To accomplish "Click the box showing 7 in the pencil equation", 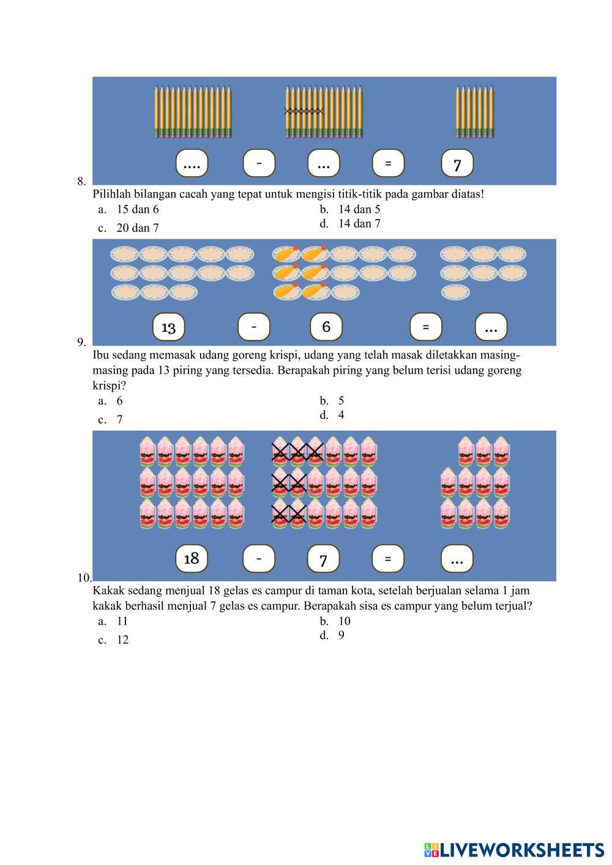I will [457, 164].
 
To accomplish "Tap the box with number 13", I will [168, 327].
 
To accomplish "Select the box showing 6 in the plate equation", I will [326, 327].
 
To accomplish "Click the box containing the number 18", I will [192, 558].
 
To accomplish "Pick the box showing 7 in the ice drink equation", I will [323, 559].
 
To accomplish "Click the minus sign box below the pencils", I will [259, 163].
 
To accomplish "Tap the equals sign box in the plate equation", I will [425, 327].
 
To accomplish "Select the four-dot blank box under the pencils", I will [192, 164].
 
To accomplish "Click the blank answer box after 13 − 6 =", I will [491, 327].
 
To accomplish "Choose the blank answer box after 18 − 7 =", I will [457, 559].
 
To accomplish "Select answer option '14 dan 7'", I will [359, 224].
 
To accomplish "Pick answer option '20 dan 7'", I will [138, 228].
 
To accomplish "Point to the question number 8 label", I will [81, 181].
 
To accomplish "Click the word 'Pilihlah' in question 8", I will [110, 195].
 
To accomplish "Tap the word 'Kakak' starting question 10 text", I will [108, 591].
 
